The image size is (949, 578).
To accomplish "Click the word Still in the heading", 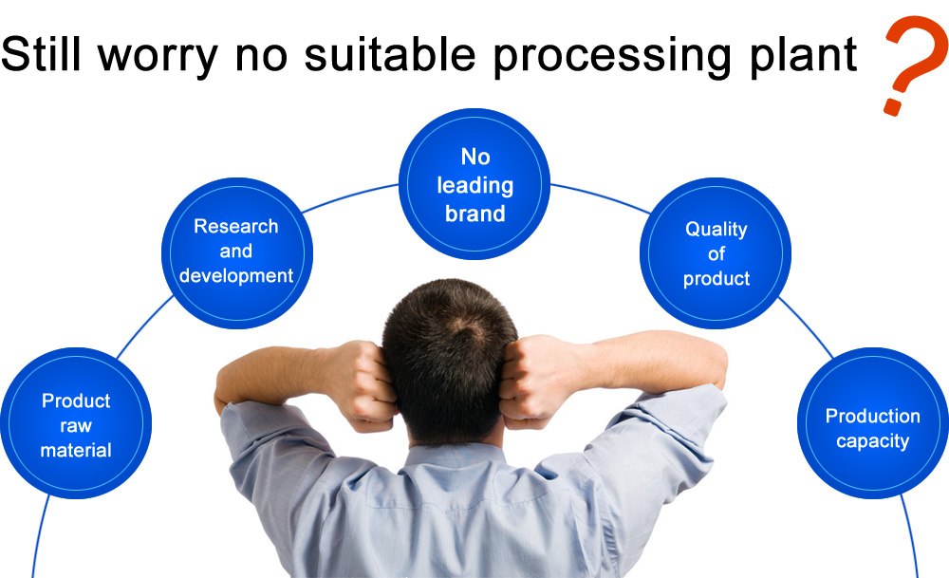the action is [x=41, y=53].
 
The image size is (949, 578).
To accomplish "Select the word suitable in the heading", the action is [x=390, y=53].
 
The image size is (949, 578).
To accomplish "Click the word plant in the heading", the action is [x=803, y=57].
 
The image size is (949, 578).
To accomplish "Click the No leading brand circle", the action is [x=474, y=184].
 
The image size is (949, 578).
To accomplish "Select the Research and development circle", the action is [x=236, y=253].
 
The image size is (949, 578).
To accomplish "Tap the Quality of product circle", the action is [x=716, y=253].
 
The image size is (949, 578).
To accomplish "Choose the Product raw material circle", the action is [x=76, y=423].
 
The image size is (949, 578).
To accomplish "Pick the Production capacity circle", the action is [x=873, y=423].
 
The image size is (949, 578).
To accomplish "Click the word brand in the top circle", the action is [x=475, y=214].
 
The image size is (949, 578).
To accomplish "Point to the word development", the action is [x=236, y=276].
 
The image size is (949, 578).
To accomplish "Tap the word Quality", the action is [x=716, y=230].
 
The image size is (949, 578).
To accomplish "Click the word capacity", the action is [x=873, y=442].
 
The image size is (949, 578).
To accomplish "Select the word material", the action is [x=76, y=450].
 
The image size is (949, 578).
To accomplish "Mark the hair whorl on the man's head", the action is [x=467, y=326].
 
